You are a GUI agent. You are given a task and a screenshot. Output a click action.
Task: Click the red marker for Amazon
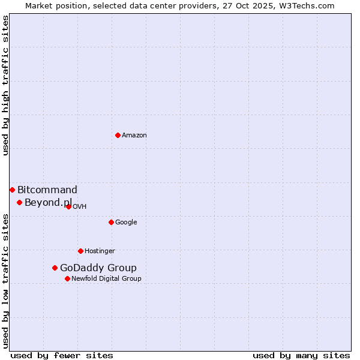pos(118,135)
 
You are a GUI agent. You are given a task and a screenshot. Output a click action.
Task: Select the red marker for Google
pos(111,222)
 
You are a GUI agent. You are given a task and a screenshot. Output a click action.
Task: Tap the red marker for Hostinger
pos(80,251)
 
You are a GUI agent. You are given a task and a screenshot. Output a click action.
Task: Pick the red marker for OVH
pos(68,206)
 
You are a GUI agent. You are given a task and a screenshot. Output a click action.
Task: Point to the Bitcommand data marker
pos(12,190)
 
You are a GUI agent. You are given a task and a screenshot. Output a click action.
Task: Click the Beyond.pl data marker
pos(19,202)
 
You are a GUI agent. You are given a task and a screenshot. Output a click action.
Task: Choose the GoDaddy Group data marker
pos(55,268)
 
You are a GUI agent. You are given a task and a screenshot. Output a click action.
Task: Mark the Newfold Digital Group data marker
pos(67,278)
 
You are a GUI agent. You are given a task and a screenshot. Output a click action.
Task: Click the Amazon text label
pos(134,136)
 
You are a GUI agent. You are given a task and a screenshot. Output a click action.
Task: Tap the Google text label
pos(126,223)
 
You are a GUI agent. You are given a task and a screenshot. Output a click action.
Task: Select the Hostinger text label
pos(100,251)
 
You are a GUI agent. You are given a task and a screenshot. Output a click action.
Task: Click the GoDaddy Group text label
pos(98,268)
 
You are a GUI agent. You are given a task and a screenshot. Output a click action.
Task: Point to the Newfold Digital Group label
pos(106,279)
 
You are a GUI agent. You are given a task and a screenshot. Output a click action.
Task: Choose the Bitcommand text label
pos(47,190)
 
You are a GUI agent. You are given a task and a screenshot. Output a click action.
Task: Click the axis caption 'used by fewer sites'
pos(62,355)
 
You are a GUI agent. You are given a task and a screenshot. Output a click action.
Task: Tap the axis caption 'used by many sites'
pos(301,355)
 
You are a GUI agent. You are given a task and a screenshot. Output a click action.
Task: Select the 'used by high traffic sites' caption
pos(6,85)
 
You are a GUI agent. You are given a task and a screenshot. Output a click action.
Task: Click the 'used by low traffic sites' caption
pos(6,281)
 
